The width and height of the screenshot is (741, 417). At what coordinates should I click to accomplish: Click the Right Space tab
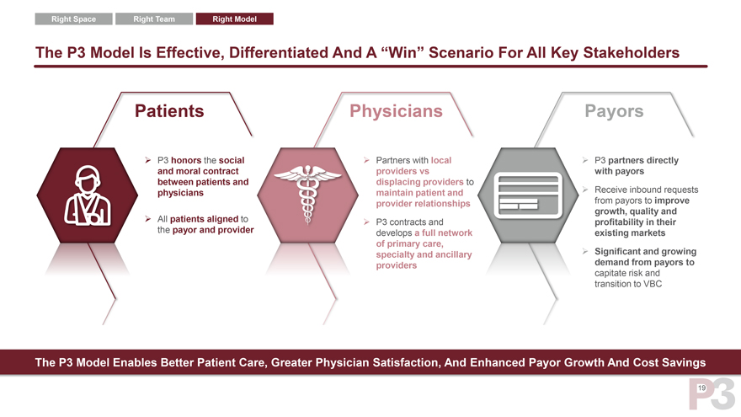click(x=74, y=19)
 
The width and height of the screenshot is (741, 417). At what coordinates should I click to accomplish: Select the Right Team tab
click(x=154, y=19)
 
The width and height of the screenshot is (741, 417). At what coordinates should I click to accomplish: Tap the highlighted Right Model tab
click(x=234, y=19)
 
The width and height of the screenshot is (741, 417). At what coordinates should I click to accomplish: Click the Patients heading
click(x=169, y=111)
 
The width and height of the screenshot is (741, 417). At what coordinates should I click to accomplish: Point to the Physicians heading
click(x=396, y=111)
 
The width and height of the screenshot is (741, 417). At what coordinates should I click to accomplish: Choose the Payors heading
click(x=614, y=111)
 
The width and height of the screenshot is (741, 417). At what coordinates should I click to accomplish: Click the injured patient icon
click(x=88, y=195)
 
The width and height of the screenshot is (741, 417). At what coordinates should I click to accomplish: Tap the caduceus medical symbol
click(x=307, y=194)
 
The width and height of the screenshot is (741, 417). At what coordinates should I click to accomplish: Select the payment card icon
click(x=528, y=195)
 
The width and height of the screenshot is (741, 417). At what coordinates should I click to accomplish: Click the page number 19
click(x=701, y=388)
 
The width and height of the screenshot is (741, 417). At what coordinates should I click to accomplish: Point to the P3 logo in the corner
click(x=712, y=393)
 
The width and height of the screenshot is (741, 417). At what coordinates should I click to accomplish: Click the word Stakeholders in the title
click(x=631, y=52)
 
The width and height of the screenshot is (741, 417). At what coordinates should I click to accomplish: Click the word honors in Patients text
click(x=186, y=160)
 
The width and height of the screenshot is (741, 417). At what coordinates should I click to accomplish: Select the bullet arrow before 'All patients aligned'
click(x=148, y=219)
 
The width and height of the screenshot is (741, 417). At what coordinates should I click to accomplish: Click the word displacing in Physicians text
click(x=398, y=182)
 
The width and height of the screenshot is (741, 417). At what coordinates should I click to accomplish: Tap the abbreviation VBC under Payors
click(x=652, y=284)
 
